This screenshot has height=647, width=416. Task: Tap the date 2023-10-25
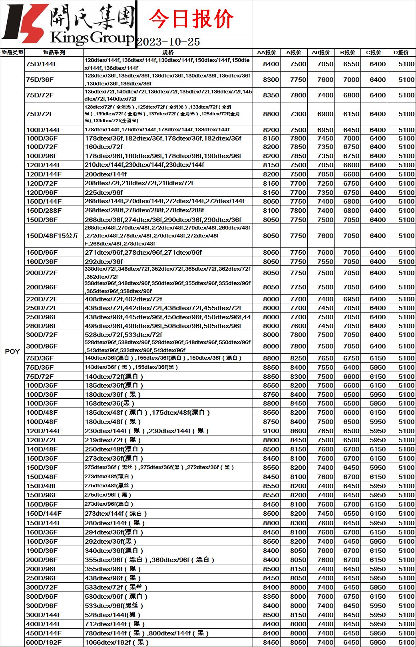pos(168,42)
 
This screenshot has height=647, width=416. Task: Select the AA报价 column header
pos(267,52)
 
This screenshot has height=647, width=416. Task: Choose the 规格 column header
pos(168,52)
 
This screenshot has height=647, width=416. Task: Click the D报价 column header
pos(401,52)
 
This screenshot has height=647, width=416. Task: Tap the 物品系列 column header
pos(54,52)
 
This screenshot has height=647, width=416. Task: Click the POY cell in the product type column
pos(12,351)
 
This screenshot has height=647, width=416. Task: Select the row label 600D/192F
pos(44,642)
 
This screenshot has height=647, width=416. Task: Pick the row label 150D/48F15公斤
pos(52,235)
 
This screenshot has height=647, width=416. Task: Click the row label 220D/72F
pos(42,299)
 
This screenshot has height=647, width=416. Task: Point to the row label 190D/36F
pos(42,550)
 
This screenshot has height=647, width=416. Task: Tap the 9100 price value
pos(271,431)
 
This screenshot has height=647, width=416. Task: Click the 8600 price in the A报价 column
pos(298,431)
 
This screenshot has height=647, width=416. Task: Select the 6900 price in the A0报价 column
pos(325,114)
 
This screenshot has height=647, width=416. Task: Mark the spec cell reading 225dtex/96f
pos(104,192)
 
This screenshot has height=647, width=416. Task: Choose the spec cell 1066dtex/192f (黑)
pos(117,642)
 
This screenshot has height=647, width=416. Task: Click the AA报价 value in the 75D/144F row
pos(271,64)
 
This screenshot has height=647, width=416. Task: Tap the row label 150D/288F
pos(44,210)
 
